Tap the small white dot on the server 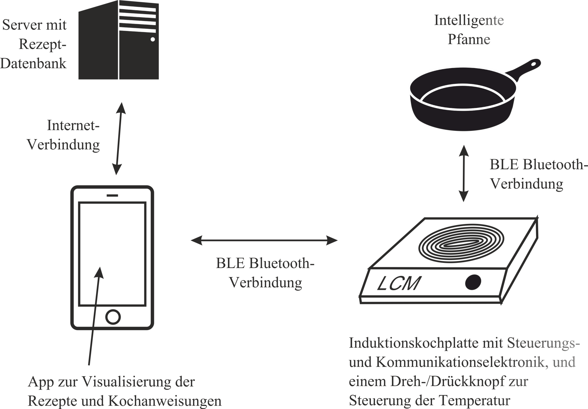point(153,39)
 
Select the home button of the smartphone point(113,317)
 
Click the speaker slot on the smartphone point(113,195)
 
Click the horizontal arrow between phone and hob point(264,241)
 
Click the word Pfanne point(469,39)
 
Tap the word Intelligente point(469,21)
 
